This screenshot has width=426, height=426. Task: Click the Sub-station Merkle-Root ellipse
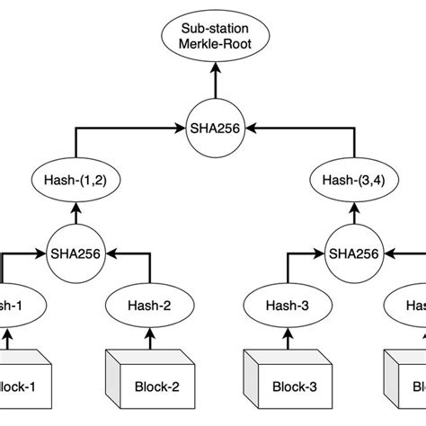click(x=214, y=39)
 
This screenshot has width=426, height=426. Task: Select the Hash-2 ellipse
click(x=149, y=306)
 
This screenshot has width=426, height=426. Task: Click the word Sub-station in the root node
click(x=214, y=29)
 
